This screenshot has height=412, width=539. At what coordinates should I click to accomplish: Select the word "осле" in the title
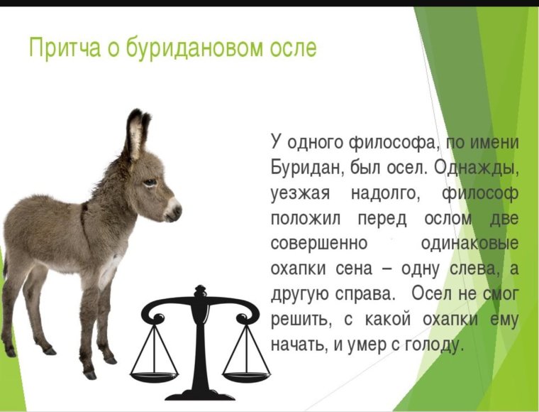pos(291,48)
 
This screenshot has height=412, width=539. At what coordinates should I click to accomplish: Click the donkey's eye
pos(149,183)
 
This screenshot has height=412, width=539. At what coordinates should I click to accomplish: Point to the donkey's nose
pos(175,210)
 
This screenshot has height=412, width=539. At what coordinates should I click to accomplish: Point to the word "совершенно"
pos(319,243)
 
